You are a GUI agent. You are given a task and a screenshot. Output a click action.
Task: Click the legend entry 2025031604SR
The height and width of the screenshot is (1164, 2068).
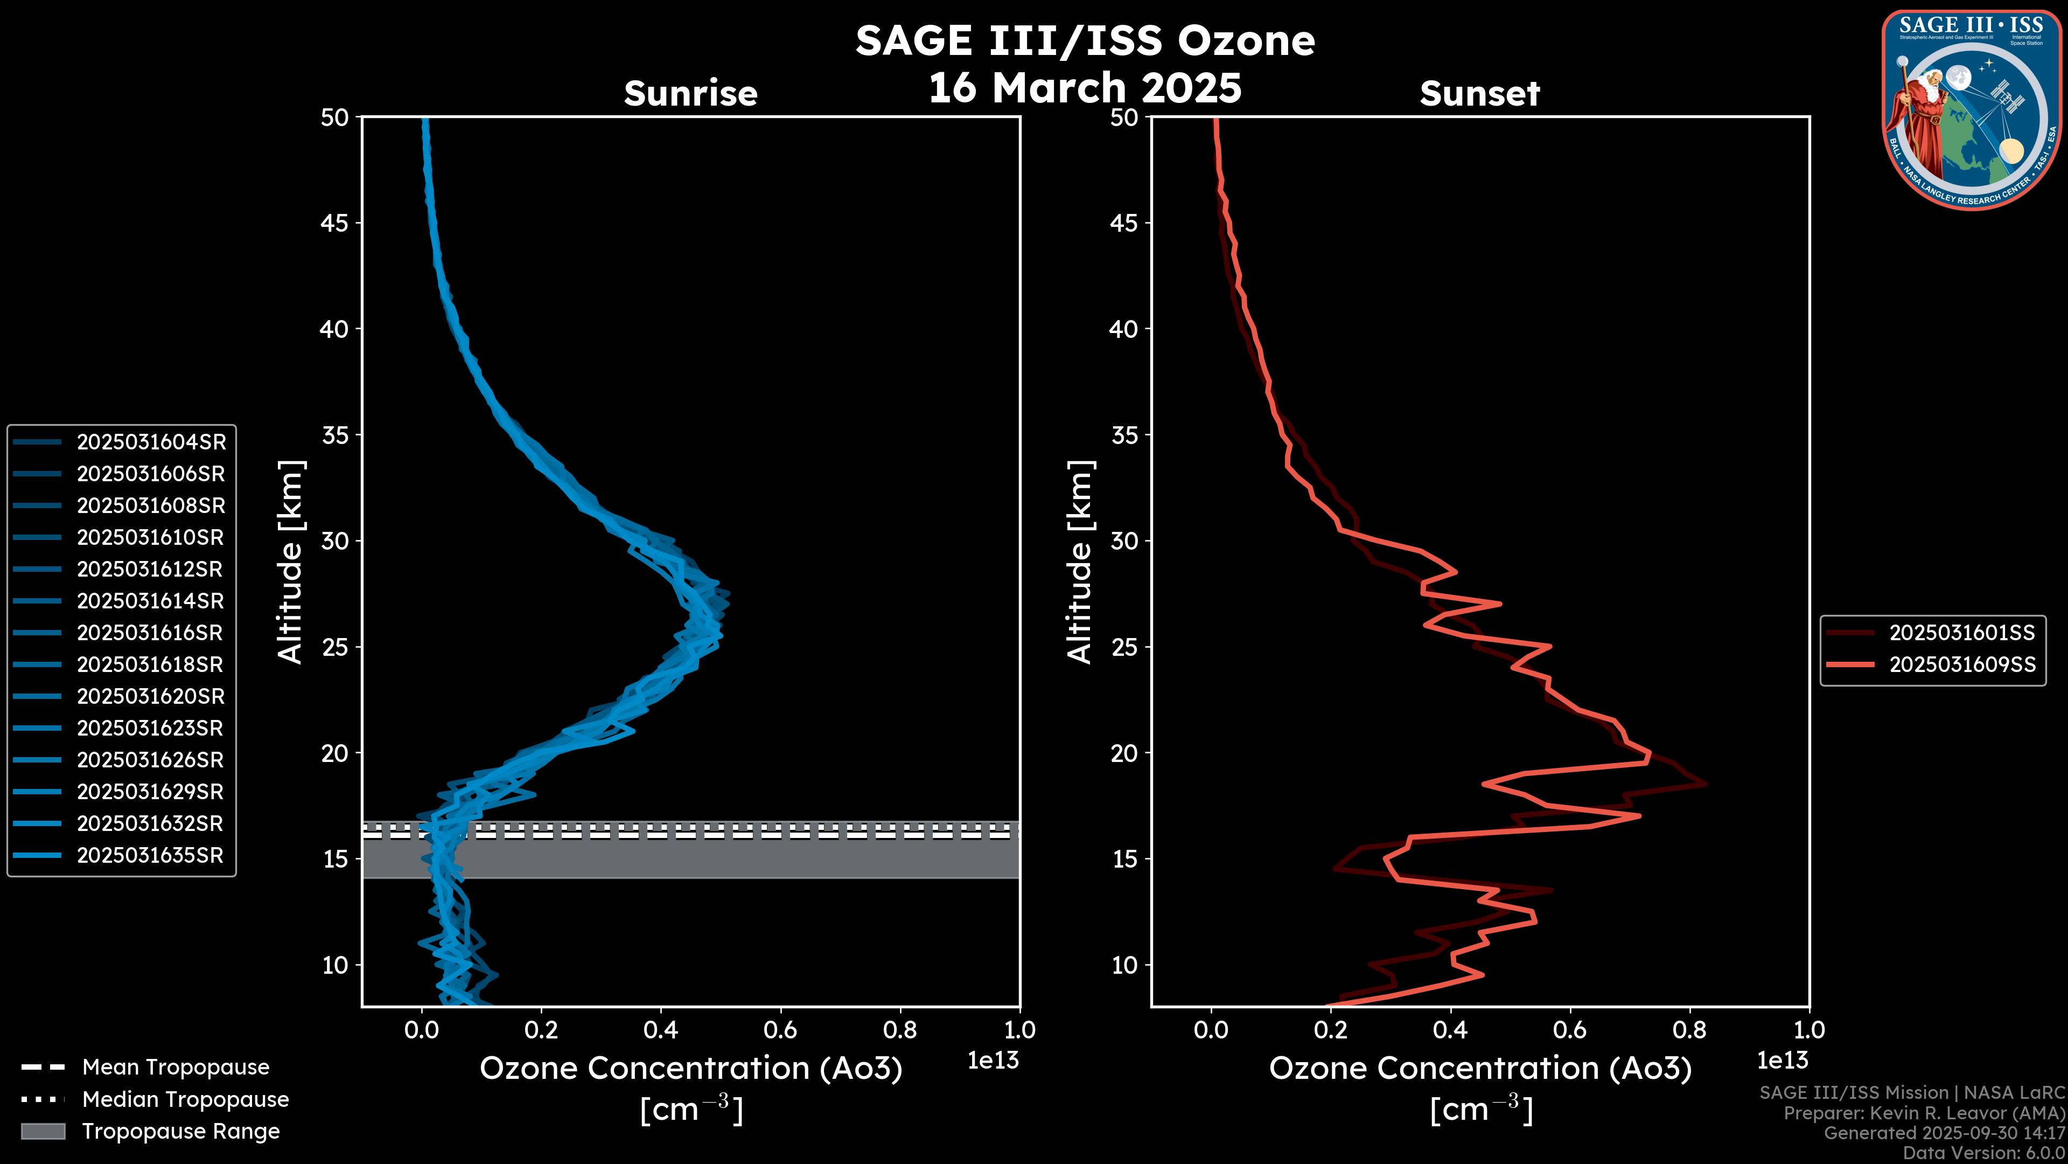(151, 442)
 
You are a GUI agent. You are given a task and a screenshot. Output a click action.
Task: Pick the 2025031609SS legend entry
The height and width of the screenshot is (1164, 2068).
(1961, 665)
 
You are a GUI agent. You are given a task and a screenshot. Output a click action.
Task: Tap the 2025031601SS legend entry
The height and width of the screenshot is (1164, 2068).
(1961, 633)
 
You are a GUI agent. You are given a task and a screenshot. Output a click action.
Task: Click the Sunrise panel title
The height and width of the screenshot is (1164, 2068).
(690, 94)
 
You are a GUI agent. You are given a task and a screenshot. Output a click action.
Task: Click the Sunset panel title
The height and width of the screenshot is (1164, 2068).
(1479, 94)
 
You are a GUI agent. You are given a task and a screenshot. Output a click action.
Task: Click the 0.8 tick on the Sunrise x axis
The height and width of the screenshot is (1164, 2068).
(900, 1030)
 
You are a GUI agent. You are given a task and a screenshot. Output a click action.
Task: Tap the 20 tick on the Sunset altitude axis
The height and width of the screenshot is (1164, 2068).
(1124, 753)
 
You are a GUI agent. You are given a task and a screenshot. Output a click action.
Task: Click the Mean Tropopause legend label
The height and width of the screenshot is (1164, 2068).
(176, 1068)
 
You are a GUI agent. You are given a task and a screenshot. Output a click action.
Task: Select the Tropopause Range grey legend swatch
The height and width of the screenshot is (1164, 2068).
(43, 1131)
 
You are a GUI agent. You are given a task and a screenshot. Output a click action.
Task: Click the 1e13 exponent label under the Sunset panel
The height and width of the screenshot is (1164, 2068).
(1782, 1061)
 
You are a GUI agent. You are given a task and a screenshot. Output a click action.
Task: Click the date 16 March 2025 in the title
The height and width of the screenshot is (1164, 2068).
(1085, 87)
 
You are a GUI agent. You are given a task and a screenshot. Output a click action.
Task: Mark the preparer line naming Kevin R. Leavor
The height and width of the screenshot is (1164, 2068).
(1924, 1113)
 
